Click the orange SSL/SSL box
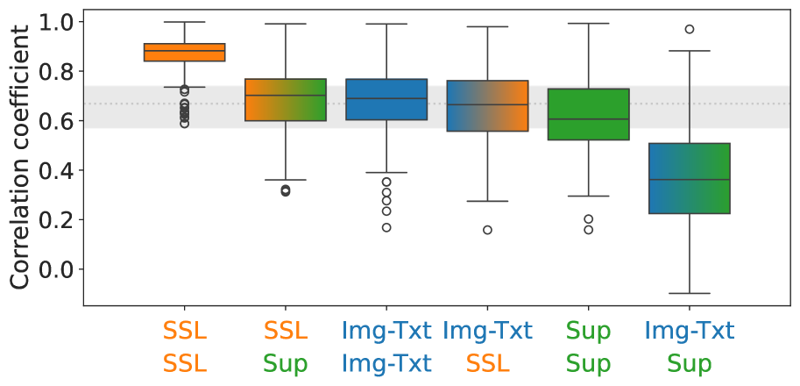pyautogui.click(x=185, y=53)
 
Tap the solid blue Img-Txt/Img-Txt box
pyautogui.click(x=386, y=99)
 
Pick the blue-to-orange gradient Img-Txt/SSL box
pyautogui.click(x=487, y=105)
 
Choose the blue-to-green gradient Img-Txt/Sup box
pyautogui.click(x=689, y=178)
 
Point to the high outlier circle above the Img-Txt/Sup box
pyautogui.click(x=690, y=29)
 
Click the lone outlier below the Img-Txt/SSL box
pyautogui.click(x=487, y=230)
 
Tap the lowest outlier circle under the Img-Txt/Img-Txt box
pyautogui.click(x=386, y=227)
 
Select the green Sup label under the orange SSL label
pyautogui.click(x=286, y=363)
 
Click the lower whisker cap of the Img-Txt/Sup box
pyautogui.click(x=689, y=293)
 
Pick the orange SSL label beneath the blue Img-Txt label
pyautogui.click(x=487, y=363)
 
